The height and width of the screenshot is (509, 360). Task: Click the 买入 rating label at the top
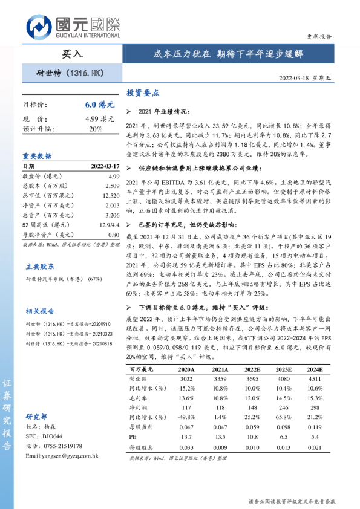tap(72, 54)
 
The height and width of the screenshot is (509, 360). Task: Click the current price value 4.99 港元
tap(100, 118)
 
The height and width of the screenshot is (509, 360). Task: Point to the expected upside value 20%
tap(95, 129)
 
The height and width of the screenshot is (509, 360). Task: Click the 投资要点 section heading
tap(143, 94)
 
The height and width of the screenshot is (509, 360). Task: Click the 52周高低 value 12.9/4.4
tap(109, 225)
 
